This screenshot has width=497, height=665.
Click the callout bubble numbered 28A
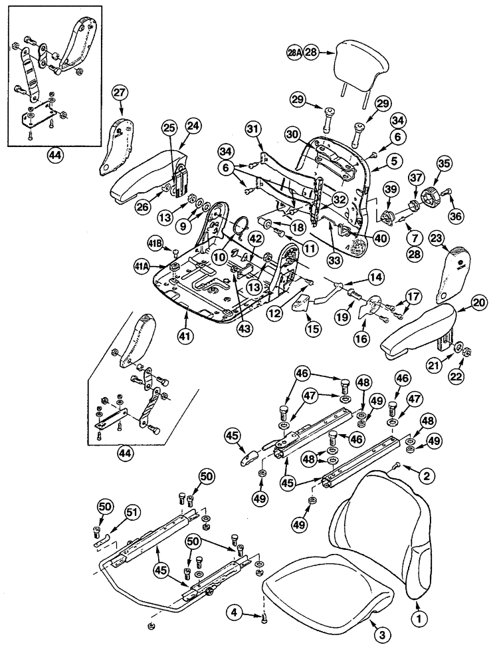pos(294,52)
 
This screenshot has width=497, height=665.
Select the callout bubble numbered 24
pos(193,124)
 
